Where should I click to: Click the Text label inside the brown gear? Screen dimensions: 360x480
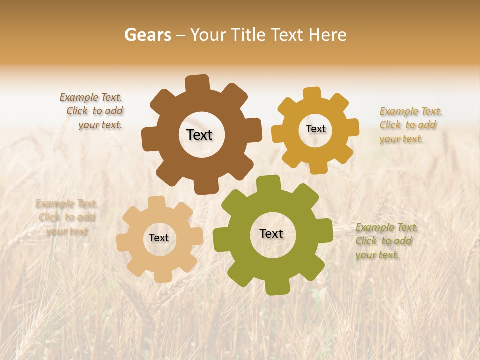pos(199,135)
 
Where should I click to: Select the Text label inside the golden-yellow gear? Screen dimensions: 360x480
pos(315,129)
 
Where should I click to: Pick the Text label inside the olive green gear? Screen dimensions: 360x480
pos(271,233)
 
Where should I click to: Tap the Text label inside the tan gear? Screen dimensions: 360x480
pos(159,238)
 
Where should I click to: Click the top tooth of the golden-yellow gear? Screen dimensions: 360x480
pos(312,93)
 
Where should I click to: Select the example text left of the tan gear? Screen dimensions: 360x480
pos(66,217)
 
